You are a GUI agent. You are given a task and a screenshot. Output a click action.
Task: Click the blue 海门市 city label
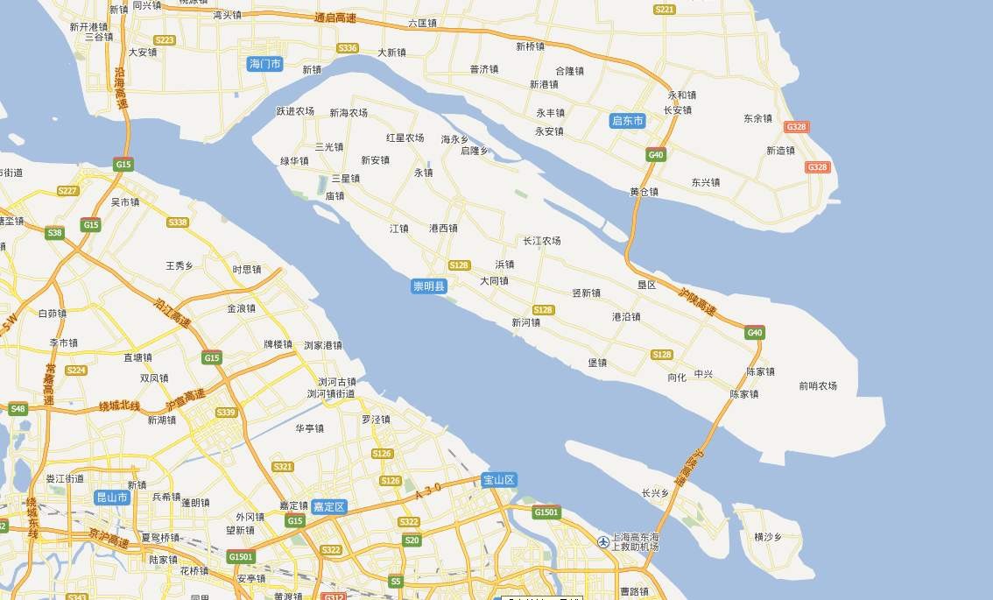point(264,64)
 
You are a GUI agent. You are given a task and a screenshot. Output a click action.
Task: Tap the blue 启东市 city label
point(628,121)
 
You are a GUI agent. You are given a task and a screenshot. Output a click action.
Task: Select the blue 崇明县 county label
point(429,286)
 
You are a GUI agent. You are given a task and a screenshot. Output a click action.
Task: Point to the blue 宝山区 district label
point(499,479)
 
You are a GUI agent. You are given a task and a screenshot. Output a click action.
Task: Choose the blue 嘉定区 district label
point(330,506)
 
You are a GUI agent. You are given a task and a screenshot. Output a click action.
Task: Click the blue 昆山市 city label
point(112,498)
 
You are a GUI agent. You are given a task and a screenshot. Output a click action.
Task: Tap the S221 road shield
point(665,9)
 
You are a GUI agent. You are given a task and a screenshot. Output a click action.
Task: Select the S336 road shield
point(348,47)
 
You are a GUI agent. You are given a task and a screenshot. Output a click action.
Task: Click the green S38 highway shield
point(54,233)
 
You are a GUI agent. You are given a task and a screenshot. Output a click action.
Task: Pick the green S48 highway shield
point(18,408)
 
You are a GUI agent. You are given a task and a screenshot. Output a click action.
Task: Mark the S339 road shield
point(226,413)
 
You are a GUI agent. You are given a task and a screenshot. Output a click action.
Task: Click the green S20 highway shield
point(412,540)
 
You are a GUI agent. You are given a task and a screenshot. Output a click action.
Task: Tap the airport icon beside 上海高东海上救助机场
point(603,542)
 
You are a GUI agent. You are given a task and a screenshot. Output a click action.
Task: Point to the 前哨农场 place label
point(817,385)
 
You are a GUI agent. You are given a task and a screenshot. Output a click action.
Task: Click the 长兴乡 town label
point(654,493)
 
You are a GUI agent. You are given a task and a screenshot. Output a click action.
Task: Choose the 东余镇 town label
point(757,118)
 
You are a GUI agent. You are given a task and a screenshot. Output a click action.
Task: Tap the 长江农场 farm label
point(541,241)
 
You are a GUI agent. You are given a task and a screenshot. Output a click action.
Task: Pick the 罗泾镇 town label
point(376,420)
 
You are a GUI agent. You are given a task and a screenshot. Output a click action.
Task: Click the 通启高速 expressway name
point(336,18)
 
